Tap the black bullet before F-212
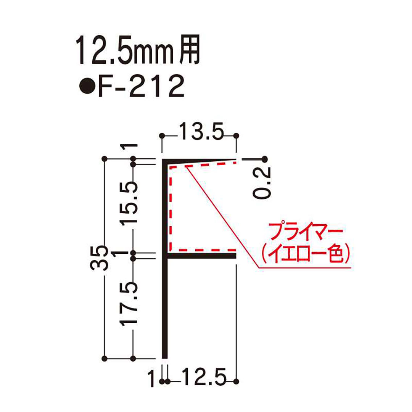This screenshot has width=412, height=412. coord(87,87)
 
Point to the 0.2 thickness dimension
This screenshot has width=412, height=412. coord(262,182)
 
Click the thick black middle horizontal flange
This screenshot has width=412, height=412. coord(202,256)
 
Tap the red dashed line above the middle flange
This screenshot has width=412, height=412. coord(202,250)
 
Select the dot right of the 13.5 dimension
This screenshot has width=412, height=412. coord(236,135)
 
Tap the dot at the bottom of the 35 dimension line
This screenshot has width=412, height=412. coord(104,359)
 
